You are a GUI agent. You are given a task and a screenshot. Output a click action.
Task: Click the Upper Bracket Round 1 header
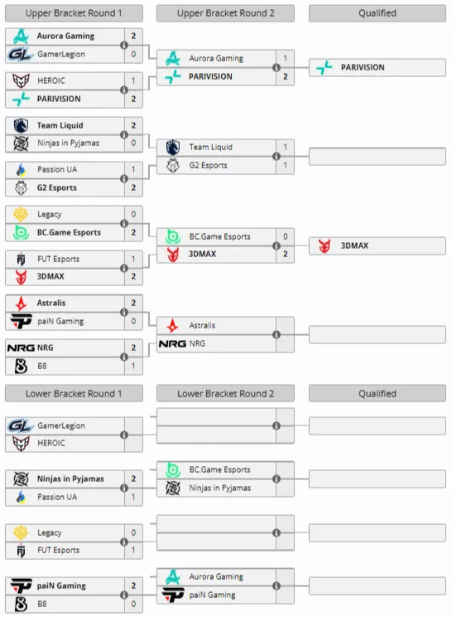click(74, 13)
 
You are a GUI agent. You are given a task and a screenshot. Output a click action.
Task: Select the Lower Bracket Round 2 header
click(225, 393)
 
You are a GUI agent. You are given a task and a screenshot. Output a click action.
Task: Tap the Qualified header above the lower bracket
click(377, 393)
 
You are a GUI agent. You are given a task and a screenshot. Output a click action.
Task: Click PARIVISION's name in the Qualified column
click(363, 67)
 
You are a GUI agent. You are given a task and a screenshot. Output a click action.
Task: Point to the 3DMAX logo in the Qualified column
click(325, 245)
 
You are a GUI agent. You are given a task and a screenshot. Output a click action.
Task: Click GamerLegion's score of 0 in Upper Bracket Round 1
click(133, 54)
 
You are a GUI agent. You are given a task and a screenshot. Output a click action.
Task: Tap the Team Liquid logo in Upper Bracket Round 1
click(21, 125)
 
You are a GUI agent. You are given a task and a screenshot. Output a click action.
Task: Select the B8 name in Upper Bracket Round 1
click(42, 366)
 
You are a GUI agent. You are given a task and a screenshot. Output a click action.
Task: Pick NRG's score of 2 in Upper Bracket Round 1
click(133, 347)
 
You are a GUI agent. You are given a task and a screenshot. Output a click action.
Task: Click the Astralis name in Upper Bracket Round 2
click(202, 325)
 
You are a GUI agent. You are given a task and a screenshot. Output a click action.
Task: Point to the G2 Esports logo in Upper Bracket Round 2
click(173, 165)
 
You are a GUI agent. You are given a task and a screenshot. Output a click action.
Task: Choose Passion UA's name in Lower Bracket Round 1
click(57, 497)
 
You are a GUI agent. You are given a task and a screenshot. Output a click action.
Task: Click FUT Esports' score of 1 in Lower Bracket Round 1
click(133, 550)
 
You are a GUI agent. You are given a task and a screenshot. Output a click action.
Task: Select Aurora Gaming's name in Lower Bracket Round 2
click(216, 576)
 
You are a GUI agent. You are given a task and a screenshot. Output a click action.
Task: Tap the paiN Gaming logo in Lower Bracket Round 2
click(173, 595)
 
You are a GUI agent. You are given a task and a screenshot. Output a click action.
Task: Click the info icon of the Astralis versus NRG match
click(276, 334)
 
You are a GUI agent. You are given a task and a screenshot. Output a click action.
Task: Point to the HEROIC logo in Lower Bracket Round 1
click(21, 443)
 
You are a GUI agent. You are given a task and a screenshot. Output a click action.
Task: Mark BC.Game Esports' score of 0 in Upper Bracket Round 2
click(286, 236)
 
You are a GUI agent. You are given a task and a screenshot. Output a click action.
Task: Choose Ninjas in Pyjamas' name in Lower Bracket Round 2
click(220, 488)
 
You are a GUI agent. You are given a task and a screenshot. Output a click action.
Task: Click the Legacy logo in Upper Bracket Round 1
click(21, 215)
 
